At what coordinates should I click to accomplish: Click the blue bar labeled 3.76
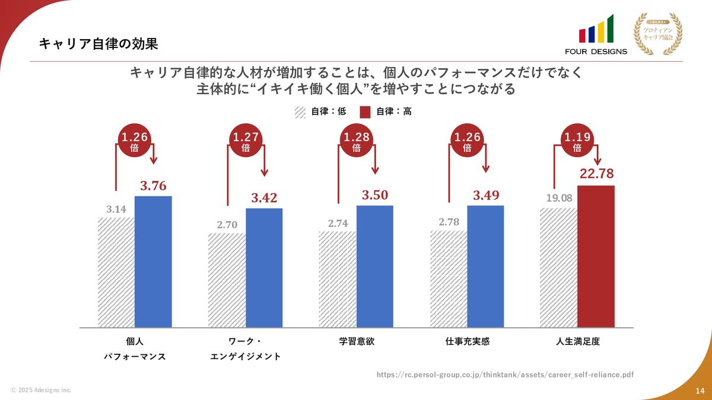(153, 261)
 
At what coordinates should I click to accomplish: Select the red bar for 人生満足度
(596, 256)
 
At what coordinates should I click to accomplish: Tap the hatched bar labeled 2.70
(227, 280)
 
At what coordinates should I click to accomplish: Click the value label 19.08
(559, 198)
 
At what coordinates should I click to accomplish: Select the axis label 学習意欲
(357, 342)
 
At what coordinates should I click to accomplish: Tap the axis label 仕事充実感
(468, 342)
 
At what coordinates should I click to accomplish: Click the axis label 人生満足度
(578, 342)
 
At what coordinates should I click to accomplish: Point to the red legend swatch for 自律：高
(365, 111)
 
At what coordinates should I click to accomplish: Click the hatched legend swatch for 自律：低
(300, 111)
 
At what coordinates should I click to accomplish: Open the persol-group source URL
(506, 375)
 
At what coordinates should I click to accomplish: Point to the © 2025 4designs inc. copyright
(41, 390)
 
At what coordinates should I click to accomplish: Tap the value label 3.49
(485, 196)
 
